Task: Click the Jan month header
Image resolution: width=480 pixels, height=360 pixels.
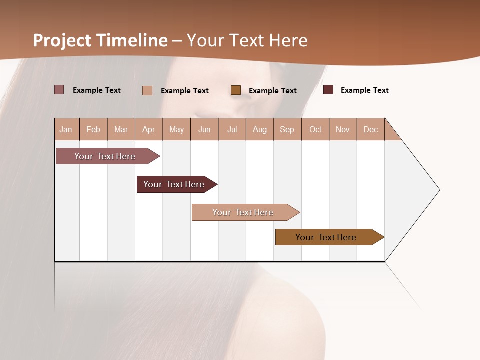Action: coord(66,129)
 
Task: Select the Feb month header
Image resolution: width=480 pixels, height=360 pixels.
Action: coord(93,129)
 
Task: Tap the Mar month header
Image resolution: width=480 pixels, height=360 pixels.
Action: coord(121,129)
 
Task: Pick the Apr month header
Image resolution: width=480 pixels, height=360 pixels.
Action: coord(149,129)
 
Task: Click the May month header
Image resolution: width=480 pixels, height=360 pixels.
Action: coord(176,129)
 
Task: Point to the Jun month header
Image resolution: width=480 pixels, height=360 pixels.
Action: coord(204,129)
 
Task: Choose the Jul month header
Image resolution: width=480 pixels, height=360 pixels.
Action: coord(232,129)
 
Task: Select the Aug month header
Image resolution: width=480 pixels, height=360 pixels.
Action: coord(260,129)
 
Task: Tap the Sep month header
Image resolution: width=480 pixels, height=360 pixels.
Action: coord(287,129)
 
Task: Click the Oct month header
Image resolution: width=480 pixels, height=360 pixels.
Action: coord(315,129)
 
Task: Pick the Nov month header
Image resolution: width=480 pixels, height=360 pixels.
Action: coord(343,129)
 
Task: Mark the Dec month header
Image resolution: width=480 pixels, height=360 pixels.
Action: coord(371,129)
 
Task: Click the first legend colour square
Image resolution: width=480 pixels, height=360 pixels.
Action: coord(59,90)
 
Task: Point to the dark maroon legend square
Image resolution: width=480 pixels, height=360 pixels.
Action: coord(328,90)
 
